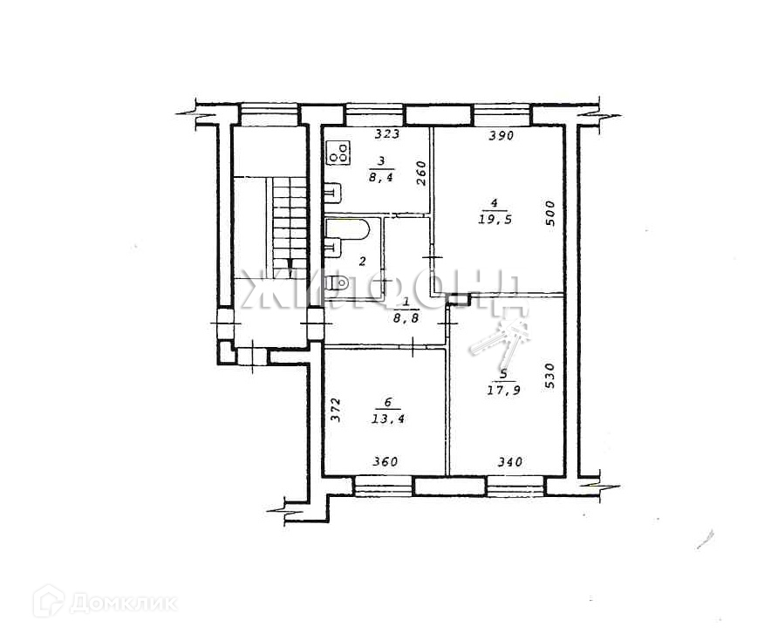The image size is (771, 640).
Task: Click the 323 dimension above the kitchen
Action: [387, 134]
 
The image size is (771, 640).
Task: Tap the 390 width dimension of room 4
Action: [501, 135]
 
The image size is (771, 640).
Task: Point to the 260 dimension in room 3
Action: [420, 172]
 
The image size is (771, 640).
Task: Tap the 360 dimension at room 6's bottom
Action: [385, 462]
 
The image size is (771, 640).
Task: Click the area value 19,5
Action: [495, 221]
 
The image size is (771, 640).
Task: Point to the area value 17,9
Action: [504, 390]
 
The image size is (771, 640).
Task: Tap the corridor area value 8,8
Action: [403, 319]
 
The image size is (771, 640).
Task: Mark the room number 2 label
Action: [361, 261]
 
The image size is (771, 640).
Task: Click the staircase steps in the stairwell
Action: [289, 218]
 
